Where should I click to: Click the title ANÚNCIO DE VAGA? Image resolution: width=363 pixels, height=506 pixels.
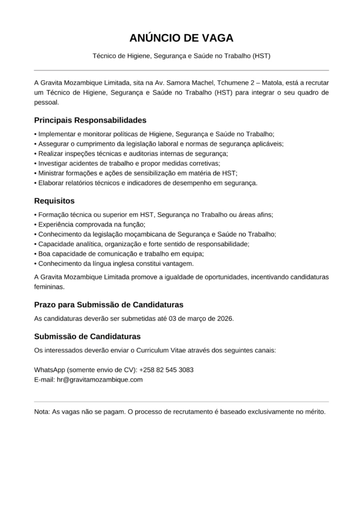click(181, 39)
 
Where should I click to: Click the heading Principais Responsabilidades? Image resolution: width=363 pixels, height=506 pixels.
click(90, 120)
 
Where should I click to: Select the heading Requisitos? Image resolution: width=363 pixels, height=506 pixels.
click(54, 201)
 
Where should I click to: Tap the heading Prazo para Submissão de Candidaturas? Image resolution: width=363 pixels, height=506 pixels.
click(109, 304)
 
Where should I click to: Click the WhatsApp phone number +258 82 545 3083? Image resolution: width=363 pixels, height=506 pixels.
click(166, 370)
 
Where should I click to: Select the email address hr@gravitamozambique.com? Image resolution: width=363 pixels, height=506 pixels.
click(100, 379)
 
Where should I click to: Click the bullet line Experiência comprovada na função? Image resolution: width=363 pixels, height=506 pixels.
click(91, 224)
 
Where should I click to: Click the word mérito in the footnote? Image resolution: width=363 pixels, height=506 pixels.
click(315, 412)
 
